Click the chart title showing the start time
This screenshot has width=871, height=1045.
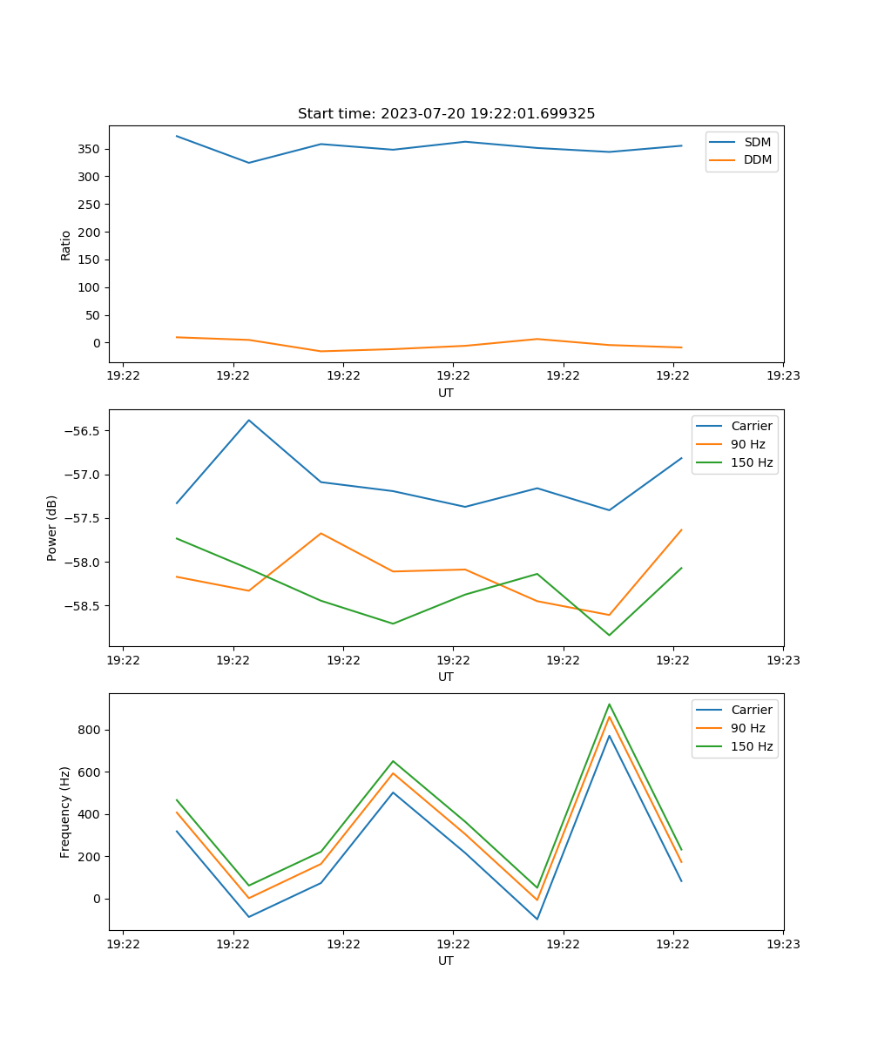pos(446,114)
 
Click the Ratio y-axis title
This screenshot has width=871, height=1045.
pos(66,245)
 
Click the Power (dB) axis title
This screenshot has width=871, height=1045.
pos(52,528)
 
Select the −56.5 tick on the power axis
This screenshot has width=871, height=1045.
pos(81,431)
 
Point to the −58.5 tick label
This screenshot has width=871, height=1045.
pos(81,606)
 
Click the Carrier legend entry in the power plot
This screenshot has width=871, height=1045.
pos(751,426)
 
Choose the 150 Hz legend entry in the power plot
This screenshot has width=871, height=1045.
pos(751,462)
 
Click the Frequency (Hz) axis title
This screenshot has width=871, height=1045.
pos(65,812)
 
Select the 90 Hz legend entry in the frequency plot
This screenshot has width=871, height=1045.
pos(747,728)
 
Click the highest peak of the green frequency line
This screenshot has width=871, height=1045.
pos(609,705)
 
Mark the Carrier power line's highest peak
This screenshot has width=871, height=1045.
pos(249,421)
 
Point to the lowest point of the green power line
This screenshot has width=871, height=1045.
pos(609,635)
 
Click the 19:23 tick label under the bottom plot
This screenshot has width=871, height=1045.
pos(783,944)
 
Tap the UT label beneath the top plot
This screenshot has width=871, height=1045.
pos(446,393)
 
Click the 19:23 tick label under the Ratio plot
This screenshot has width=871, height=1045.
pos(783,376)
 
